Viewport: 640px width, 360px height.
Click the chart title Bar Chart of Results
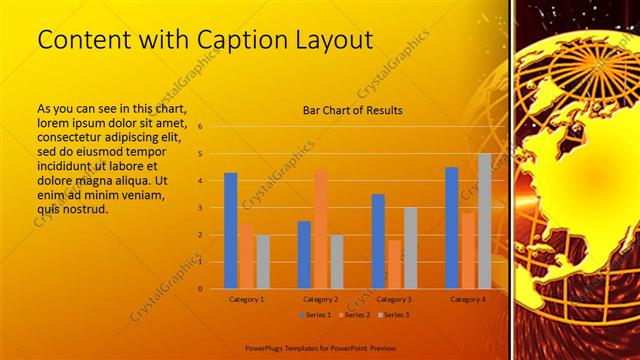[353, 110]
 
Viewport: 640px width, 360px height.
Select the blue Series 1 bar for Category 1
[231, 231]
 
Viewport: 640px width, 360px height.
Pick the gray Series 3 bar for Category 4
[484, 221]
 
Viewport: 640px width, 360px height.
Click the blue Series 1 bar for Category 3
[378, 241]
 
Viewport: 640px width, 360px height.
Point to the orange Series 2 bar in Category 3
[394, 264]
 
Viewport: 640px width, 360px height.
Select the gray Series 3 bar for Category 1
[263, 262]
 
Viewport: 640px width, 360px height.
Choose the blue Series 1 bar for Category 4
[452, 228]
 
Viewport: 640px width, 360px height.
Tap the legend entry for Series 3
[393, 314]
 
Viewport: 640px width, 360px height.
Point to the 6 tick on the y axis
[201, 127]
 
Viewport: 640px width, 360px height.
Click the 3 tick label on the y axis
[201, 208]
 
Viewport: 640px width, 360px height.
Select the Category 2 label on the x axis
[320, 299]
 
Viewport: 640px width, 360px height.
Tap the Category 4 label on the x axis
[468, 299]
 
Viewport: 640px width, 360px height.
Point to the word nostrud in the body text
[85, 210]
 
